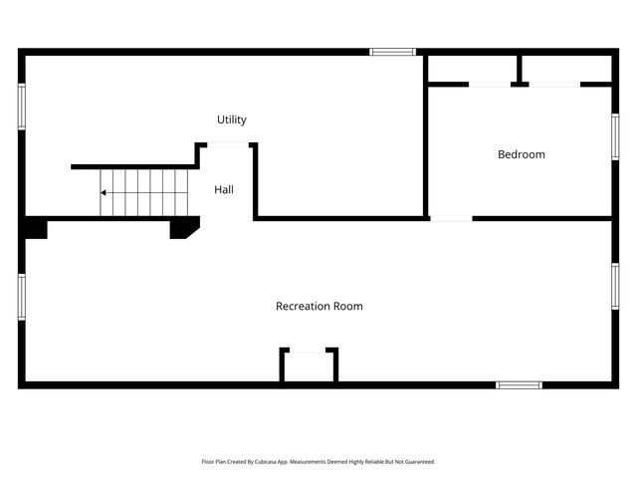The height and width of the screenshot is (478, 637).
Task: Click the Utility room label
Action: pyautogui.click(x=232, y=119)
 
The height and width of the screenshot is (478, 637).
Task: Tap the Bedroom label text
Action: pyautogui.click(x=522, y=154)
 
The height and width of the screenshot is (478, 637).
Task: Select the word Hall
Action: pyautogui.click(x=224, y=188)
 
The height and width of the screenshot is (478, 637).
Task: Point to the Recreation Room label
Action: pyautogui.click(x=318, y=306)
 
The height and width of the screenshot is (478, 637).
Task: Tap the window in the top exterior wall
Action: pyautogui.click(x=392, y=52)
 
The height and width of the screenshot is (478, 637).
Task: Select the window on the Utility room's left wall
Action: pyautogui.click(x=21, y=106)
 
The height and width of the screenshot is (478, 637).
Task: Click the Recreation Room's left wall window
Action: pyautogui.click(x=21, y=297)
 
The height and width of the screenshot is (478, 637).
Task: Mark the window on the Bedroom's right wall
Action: pyautogui.click(x=615, y=136)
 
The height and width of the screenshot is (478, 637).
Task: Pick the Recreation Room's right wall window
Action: pyautogui.click(x=615, y=287)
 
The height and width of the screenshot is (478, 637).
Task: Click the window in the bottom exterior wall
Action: pyautogui.click(x=519, y=384)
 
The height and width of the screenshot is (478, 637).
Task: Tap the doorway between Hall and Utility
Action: pyautogui.click(x=228, y=145)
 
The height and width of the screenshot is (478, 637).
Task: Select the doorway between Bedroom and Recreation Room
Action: pyautogui.click(x=451, y=218)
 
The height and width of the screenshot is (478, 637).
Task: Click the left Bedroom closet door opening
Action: pyautogui.click(x=490, y=85)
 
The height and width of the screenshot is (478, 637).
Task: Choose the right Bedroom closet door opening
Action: pyautogui.click(x=554, y=85)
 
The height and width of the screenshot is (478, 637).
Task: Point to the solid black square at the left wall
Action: pyautogui.click(x=35, y=228)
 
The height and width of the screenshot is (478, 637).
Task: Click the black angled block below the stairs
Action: pyautogui.click(x=183, y=228)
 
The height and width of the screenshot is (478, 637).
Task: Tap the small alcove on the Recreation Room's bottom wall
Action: pyautogui.click(x=309, y=365)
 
